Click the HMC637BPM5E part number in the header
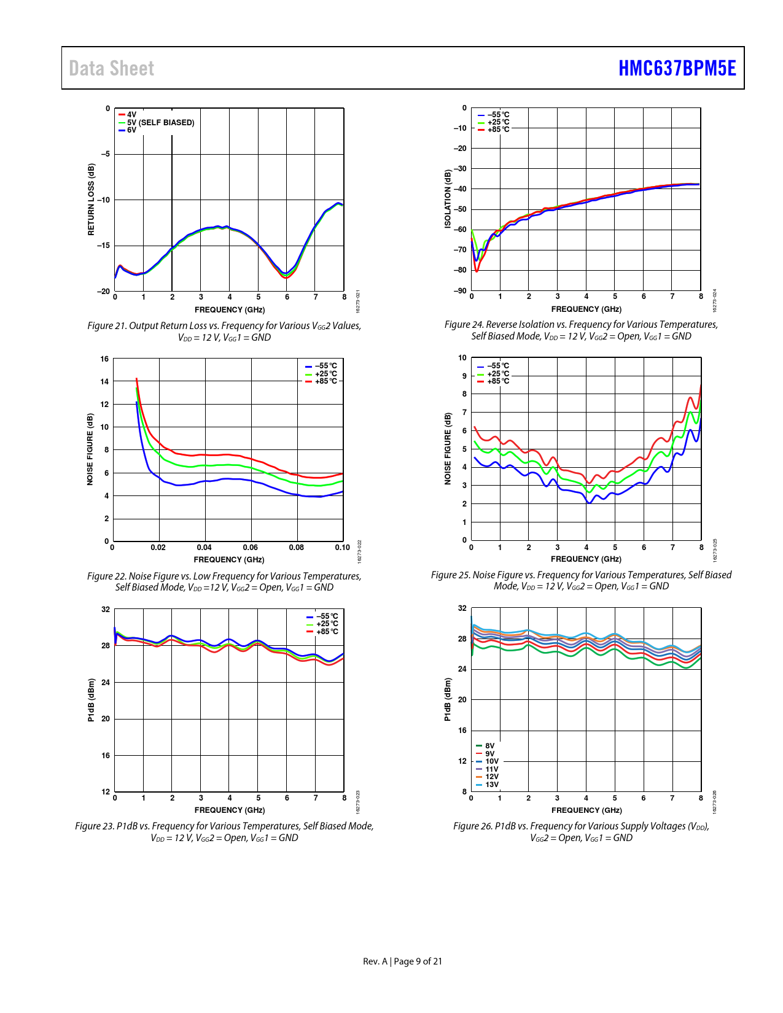(677, 68)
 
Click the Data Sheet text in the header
(111, 68)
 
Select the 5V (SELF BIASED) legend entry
(160, 123)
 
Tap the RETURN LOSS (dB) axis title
(92, 200)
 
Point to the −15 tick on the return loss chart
(103, 246)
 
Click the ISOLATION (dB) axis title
(448, 200)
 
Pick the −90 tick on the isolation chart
(460, 290)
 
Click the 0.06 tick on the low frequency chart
(250, 547)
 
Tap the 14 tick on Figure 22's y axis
(105, 382)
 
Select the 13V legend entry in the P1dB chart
(491, 785)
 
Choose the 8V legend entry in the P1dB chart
(489, 746)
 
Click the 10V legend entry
(491, 761)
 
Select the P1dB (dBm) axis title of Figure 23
(92, 700)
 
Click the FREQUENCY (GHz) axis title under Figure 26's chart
(586, 810)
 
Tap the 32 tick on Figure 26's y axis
(462, 608)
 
